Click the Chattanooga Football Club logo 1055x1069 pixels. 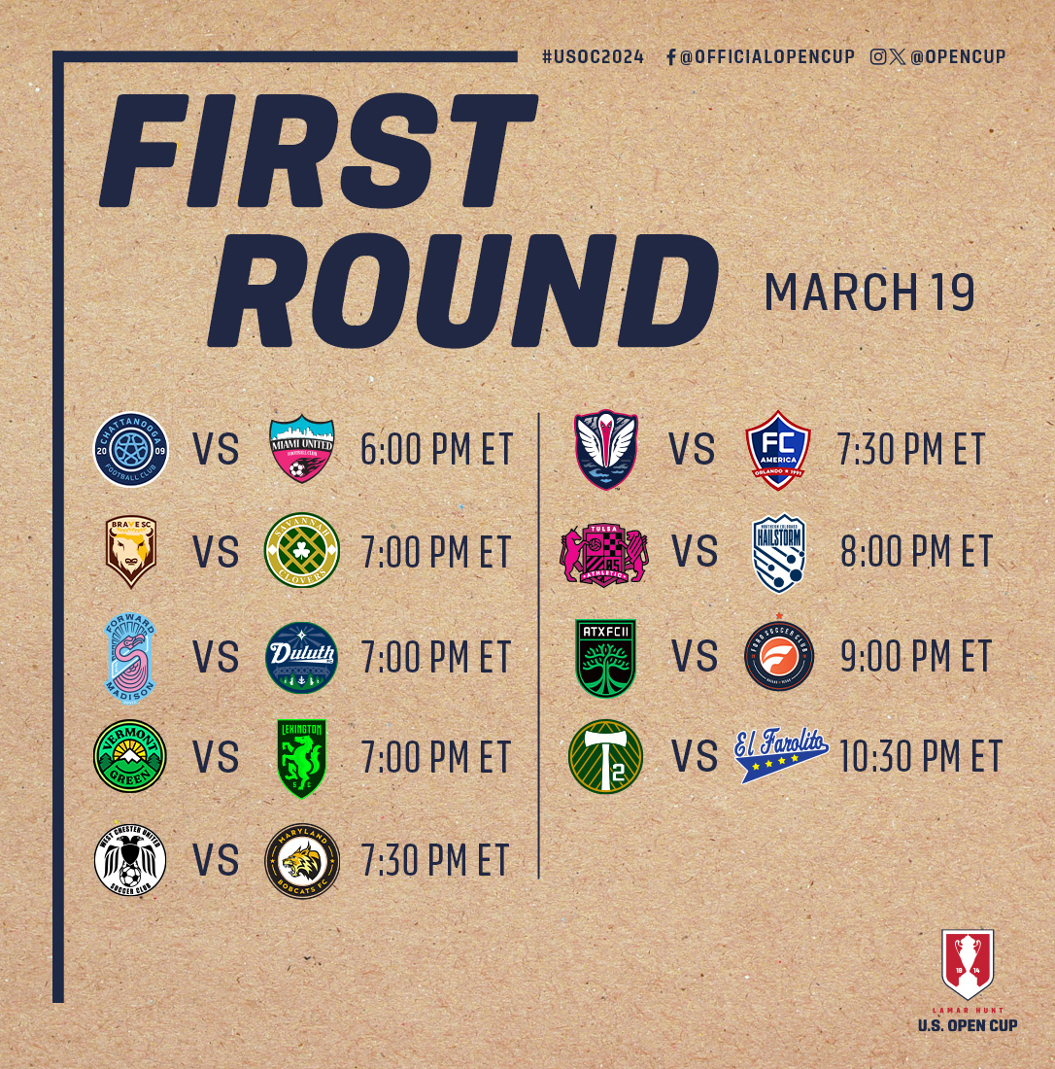[131, 448]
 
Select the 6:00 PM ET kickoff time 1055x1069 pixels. [435, 450]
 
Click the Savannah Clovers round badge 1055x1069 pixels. [301, 552]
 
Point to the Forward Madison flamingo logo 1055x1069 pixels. [130, 657]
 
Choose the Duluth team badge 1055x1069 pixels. [301, 657]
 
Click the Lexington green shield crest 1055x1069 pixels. [301, 758]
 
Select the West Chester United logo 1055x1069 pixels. [130, 860]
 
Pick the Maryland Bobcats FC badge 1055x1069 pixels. [301, 860]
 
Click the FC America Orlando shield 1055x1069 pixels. [778, 450]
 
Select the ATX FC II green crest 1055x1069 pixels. [605, 658]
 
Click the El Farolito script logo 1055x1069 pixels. [780, 757]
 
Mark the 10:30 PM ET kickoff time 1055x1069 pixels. [921, 757]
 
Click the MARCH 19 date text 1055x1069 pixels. [869, 292]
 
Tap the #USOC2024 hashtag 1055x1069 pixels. [593, 57]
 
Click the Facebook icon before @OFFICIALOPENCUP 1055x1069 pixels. [671, 57]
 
